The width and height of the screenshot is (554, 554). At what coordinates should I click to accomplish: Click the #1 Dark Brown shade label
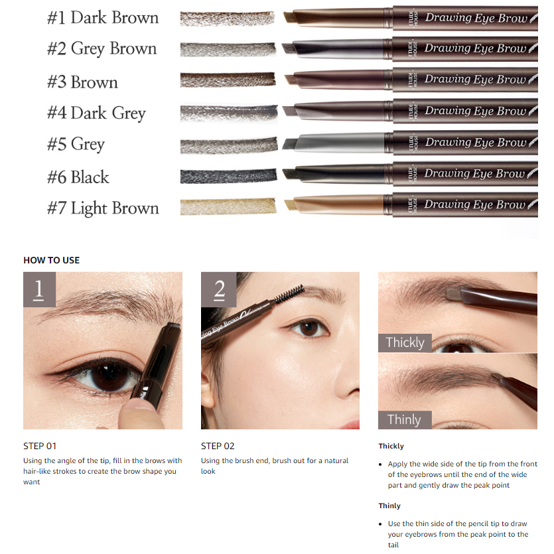[103, 18]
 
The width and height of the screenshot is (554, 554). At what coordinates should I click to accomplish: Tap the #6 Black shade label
[78, 177]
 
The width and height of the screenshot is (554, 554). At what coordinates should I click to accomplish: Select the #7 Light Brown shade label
[103, 208]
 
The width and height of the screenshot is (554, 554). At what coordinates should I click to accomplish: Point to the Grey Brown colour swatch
[228, 50]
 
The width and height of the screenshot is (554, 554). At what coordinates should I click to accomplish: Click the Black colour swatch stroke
[229, 176]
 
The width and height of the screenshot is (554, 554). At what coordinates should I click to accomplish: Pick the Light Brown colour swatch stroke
[228, 207]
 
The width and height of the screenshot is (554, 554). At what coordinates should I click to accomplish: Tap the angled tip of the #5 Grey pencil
[290, 143]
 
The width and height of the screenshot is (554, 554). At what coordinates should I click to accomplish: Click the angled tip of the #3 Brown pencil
[291, 79]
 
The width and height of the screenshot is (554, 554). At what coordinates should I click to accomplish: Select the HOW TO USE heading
[52, 260]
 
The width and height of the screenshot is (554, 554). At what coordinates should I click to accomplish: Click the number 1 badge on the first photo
[39, 289]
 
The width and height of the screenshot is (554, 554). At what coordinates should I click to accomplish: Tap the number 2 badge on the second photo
[219, 289]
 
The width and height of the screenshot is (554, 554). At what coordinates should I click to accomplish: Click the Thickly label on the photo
[405, 343]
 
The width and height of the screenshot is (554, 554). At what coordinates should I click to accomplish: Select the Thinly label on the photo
[404, 420]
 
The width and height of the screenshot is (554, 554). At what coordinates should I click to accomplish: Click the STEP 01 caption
[40, 447]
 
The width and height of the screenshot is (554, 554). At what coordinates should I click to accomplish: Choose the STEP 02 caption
[218, 447]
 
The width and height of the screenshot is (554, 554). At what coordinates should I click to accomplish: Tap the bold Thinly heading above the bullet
[389, 506]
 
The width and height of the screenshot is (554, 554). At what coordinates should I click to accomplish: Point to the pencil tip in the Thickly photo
[454, 295]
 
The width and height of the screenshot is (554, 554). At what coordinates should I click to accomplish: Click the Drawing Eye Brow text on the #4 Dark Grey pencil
[476, 111]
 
